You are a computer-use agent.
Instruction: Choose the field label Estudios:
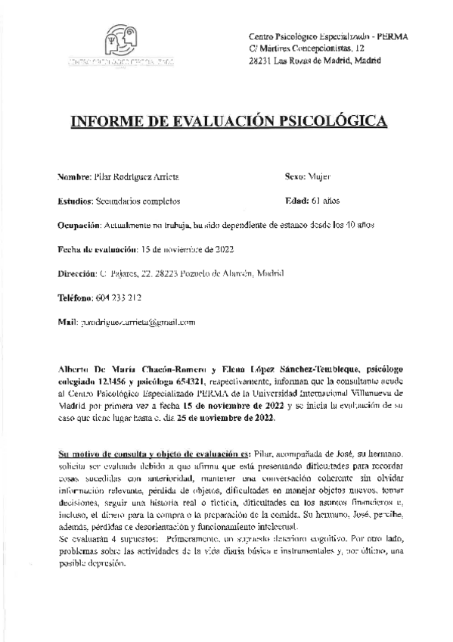tap(74, 201)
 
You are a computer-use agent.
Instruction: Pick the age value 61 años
tap(326, 201)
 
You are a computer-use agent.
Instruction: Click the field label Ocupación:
tap(79, 225)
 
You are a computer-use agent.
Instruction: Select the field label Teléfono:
tap(76, 298)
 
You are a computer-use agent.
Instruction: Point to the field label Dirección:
tap(77, 273)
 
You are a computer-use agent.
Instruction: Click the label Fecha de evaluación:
tap(96, 249)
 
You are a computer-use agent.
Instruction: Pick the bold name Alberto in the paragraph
tap(74, 370)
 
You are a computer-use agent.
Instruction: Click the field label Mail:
tap(67, 322)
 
